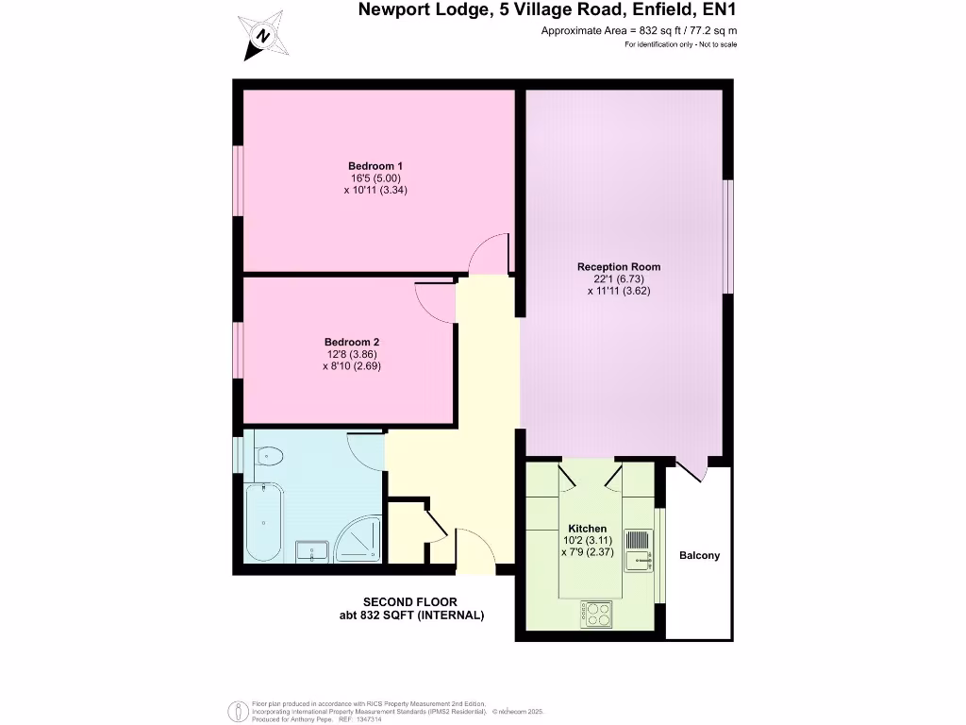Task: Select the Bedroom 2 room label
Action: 351,342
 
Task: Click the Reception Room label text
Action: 619,267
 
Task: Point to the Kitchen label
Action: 587,529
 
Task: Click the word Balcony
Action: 699,556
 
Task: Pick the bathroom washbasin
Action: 312,550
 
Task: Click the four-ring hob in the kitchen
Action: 597,614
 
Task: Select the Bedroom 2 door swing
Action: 435,301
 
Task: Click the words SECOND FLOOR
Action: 410,602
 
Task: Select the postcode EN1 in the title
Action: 718,11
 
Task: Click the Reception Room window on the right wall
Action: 728,236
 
